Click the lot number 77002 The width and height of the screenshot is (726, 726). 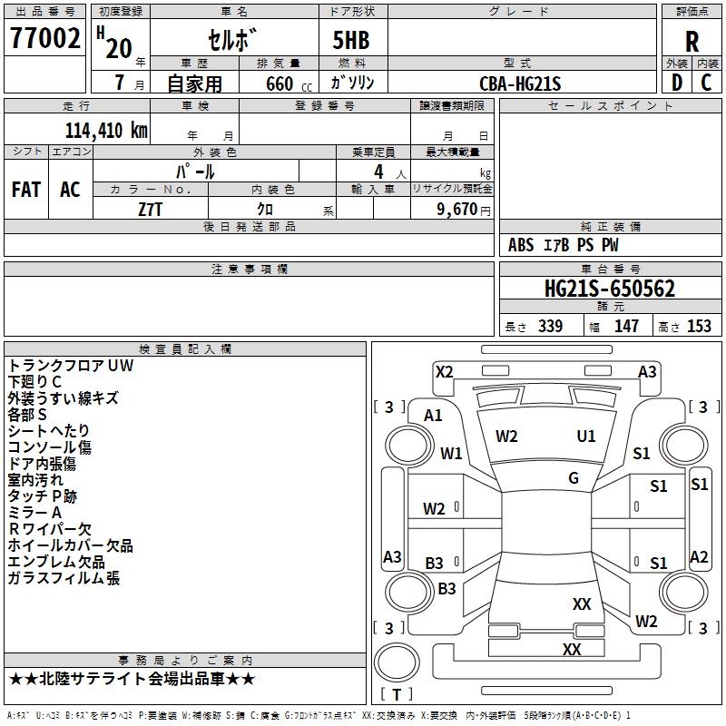(45, 39)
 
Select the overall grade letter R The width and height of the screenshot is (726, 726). (692, 41)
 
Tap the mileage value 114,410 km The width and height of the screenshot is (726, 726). (106, 131)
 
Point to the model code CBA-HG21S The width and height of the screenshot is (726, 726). (521, 83)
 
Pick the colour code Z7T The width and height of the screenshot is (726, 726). (151, 208)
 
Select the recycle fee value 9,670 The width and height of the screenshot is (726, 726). (456, 209)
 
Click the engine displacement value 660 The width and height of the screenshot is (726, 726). (279, 83)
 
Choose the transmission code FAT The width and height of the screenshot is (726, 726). (25, 190)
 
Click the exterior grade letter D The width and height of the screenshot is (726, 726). (676, 83)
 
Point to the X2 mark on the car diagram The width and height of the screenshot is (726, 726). (445, 371)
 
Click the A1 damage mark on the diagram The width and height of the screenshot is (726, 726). (433, 416)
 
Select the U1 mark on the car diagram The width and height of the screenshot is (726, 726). (586, 437)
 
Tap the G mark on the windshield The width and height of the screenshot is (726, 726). (573, 478)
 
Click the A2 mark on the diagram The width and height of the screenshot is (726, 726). (699, 557)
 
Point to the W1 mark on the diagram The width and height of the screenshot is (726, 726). (451, 453)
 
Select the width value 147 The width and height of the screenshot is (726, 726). (626, 327)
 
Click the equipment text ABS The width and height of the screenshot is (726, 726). (521, 245)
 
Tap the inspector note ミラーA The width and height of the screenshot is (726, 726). (35, 513)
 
